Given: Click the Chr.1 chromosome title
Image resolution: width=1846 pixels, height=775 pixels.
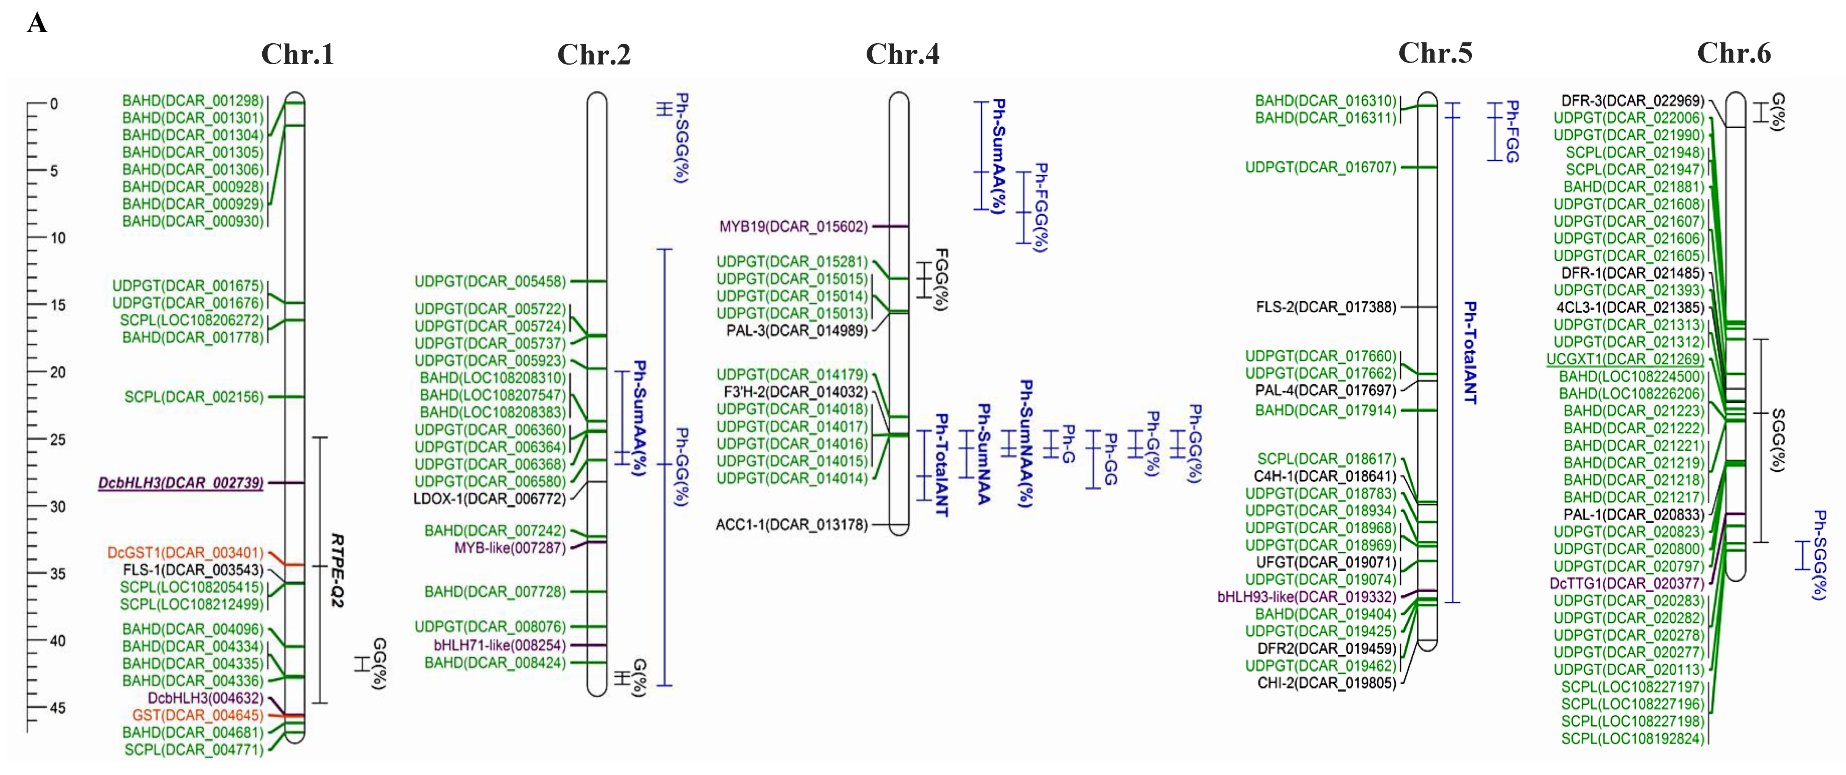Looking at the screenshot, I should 297,54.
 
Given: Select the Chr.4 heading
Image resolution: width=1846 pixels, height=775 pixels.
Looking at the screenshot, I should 902,54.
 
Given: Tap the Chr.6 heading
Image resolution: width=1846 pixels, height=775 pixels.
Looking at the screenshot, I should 1734,54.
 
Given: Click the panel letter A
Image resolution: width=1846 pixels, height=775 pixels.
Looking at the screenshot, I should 37,24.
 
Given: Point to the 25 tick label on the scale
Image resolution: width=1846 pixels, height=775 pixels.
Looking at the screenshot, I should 57,439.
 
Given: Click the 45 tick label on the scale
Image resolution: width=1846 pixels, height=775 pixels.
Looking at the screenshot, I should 57,708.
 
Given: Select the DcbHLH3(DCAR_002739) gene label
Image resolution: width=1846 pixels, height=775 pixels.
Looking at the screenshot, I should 181,483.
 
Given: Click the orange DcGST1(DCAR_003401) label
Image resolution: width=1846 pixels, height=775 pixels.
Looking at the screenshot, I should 185,553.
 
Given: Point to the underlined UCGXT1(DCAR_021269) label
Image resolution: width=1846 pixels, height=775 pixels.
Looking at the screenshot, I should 1625,359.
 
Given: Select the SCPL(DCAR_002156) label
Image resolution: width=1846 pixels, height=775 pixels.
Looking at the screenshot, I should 194,397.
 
